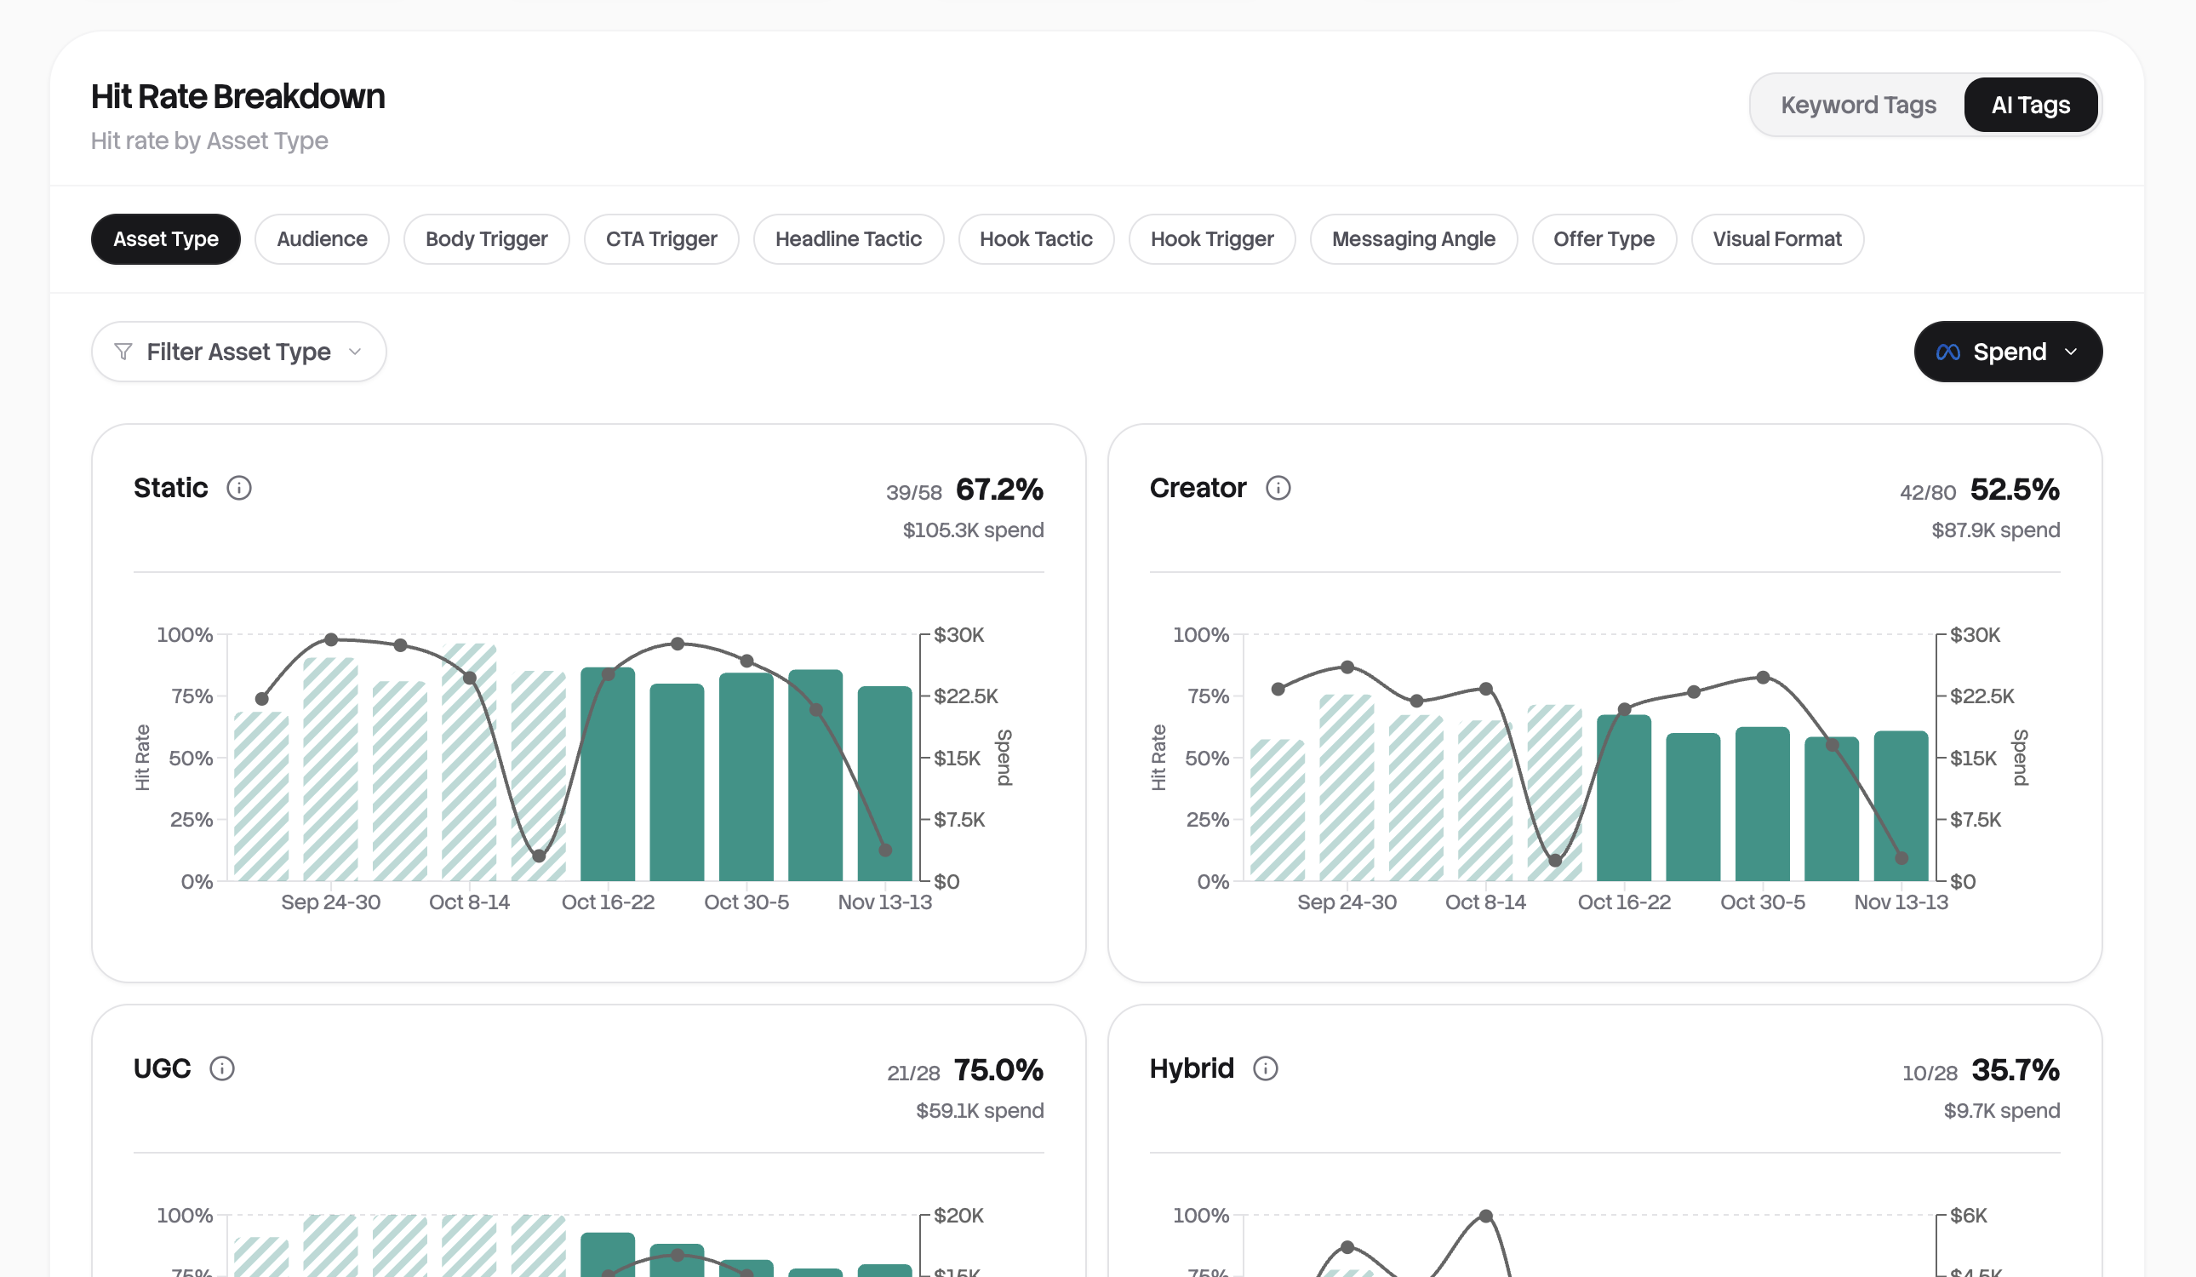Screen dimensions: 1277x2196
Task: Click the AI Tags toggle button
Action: (2029, 105)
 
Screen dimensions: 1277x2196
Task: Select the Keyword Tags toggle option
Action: (1857, 105)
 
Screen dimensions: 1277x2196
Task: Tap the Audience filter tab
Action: (322, 239)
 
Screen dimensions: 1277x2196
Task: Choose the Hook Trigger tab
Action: (1211, 239)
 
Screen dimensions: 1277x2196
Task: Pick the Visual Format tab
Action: (1776, 239)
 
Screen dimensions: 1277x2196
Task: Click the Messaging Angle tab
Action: (1413, 239)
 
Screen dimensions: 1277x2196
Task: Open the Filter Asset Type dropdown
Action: (238, 352)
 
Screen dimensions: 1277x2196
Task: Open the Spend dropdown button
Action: (2007, 352)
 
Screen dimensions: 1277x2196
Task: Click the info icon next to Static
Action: (239, 488)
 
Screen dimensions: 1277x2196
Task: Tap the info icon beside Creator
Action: (1278, 488)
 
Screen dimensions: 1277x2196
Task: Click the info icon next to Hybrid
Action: (1265, 1068)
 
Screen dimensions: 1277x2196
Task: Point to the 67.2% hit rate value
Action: (998, 490)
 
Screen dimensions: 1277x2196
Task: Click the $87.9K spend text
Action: (1995, 530)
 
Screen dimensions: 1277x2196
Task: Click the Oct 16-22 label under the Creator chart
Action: (1623, 902)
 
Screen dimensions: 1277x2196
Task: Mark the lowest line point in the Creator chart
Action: (1554, 862)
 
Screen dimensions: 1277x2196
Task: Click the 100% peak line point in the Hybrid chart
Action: (1486, 1216)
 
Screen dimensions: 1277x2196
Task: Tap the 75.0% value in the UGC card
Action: (998, 1070)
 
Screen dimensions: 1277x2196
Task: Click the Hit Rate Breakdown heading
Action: (238, 97)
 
